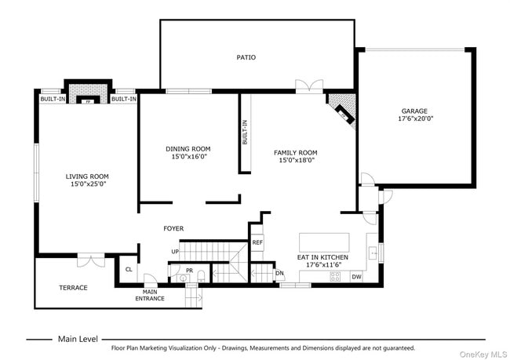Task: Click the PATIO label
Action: click(x=246, y=57)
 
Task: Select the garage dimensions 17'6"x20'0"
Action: click(x=416, y=119)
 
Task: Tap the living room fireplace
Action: click(x=89, y=94)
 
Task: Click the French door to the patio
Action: click(x=308, y=86)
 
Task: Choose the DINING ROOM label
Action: click(x=188, y=149)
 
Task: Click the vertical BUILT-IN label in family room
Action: click(x=246, y=132)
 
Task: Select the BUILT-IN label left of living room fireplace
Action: click(x=53, y=99)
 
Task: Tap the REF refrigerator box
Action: click(x=257, y=243)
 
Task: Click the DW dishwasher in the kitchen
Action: click(x=356, y=276)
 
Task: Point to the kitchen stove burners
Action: click(x=335, y=275)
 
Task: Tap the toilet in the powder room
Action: click(x=201, y=275)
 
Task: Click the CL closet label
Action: click(x=129, y=269)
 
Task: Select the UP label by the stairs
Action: click(x=175, y=251)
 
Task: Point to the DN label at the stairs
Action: click(x=279, y=273)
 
